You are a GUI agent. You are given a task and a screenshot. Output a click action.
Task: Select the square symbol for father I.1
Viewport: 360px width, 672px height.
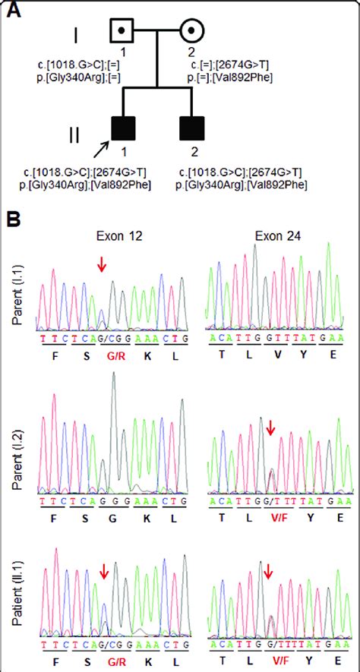(122, 31)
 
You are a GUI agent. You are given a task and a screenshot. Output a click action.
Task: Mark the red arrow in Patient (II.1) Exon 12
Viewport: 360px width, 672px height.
(103, 570)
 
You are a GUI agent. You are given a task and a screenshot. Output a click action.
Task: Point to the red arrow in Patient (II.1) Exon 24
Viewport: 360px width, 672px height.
(267, 569)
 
